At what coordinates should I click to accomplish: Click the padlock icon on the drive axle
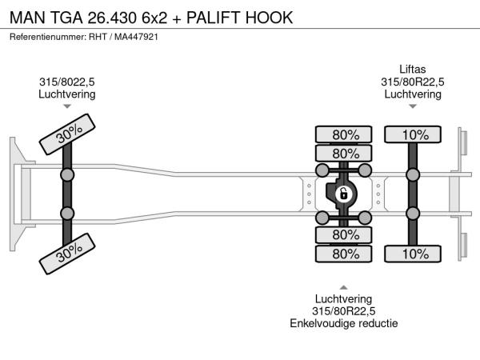coord(343,194)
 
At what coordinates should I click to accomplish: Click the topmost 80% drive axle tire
coord(345,134)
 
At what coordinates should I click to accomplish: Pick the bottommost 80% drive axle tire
coord(345,254)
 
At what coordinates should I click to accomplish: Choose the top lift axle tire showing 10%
coord(413,134)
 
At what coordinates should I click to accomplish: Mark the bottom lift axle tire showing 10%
coord(413,254)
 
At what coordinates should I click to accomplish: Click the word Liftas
coord(413,68)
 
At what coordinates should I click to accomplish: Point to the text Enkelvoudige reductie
coord(344,323)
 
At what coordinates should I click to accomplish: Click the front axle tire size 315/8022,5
coord(67,81)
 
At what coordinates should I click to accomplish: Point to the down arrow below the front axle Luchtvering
coord(67,106)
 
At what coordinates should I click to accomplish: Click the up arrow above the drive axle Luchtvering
coord(344,286)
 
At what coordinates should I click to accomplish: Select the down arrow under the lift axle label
coord(413,106)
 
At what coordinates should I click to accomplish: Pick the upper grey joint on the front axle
coord(67,174)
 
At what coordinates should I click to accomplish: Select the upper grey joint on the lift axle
coord(413,174)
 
